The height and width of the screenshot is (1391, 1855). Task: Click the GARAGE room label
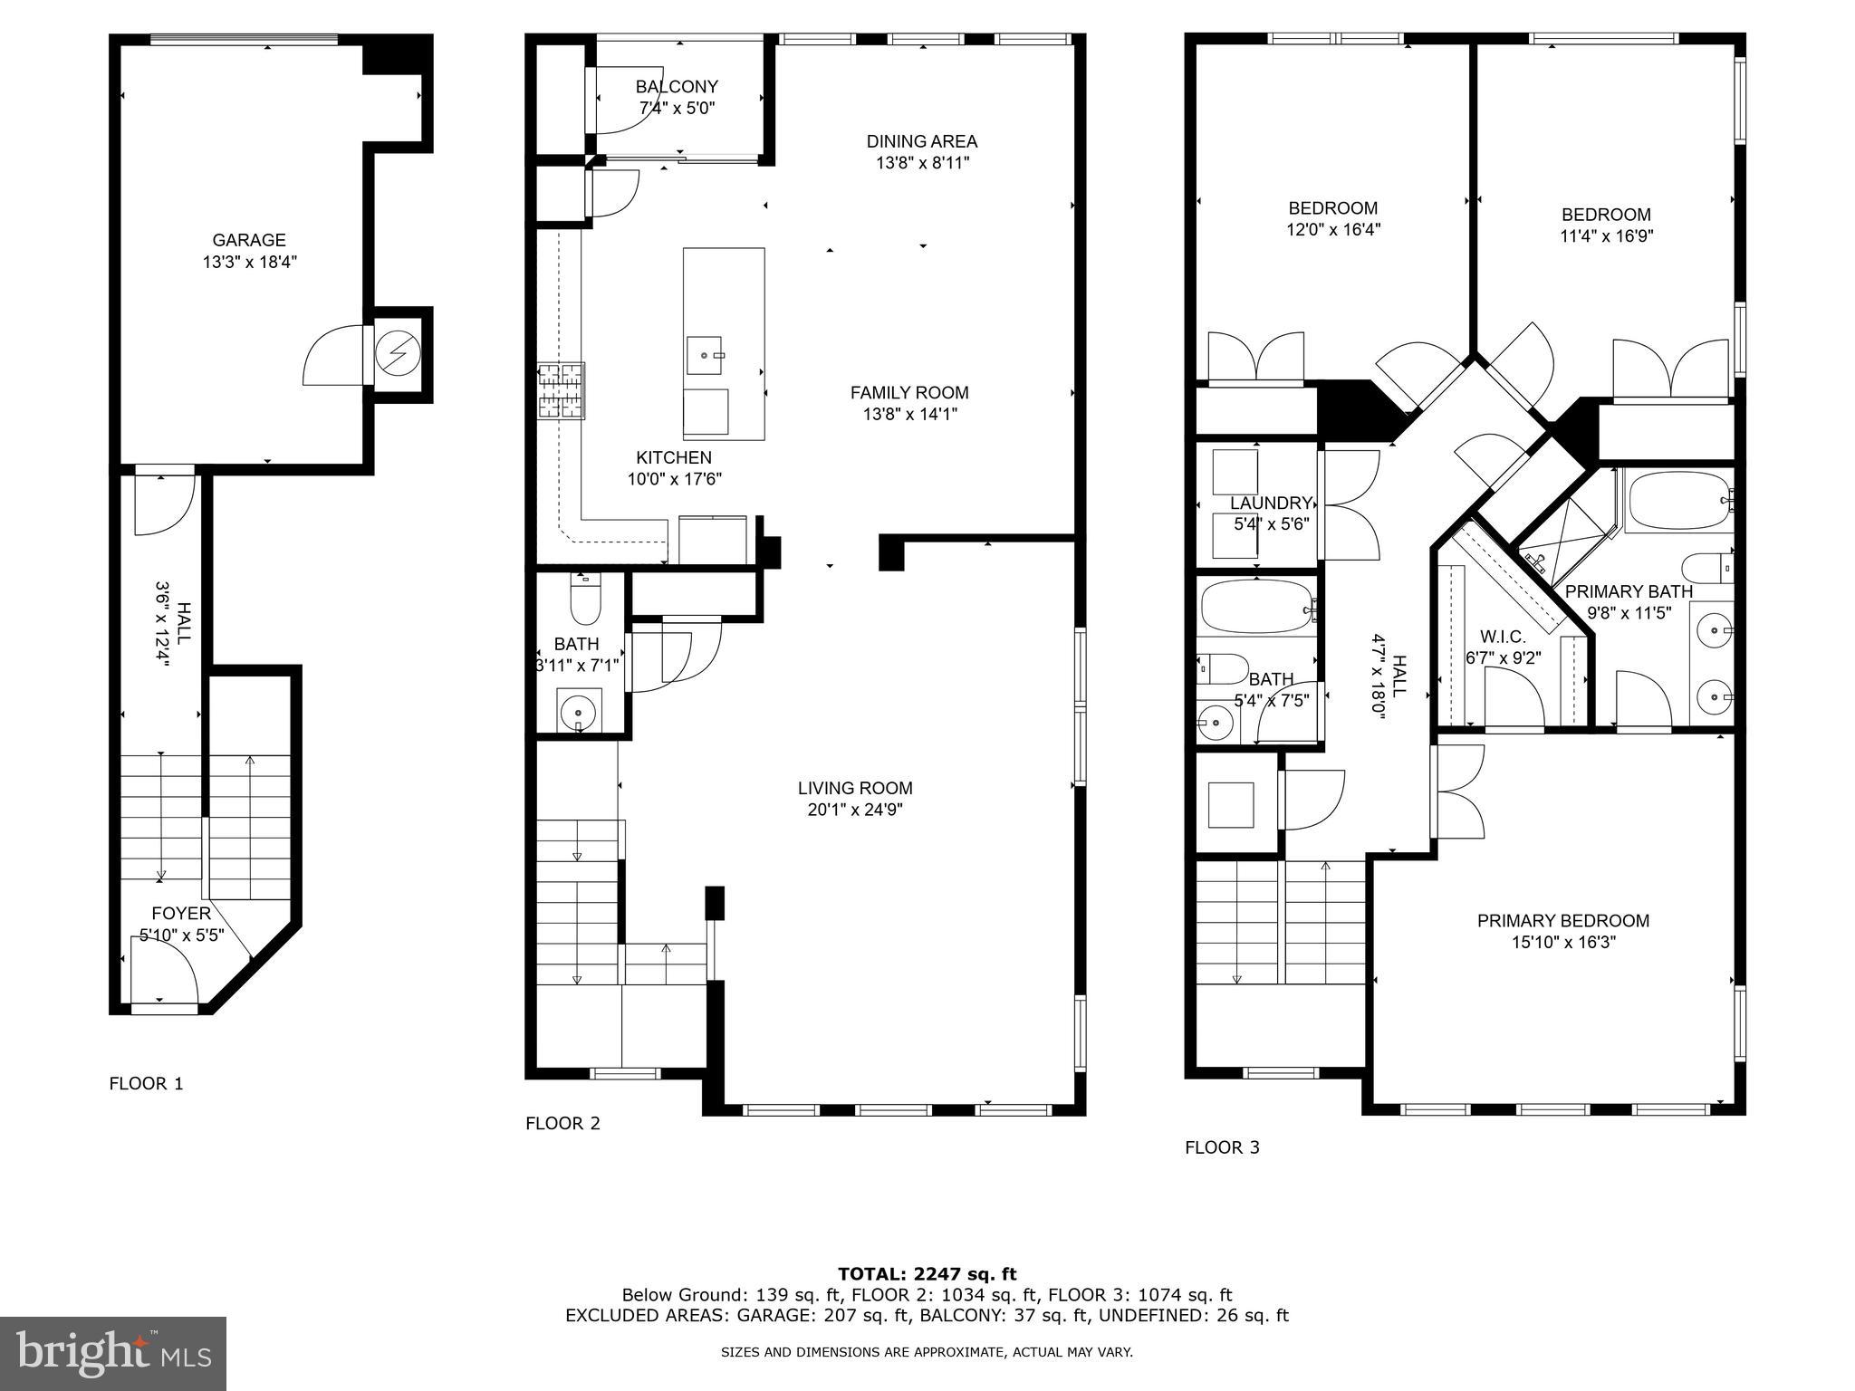[249, 240]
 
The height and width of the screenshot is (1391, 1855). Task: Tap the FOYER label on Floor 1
[181, 913]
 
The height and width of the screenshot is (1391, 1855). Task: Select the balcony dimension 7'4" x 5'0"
[677, 109]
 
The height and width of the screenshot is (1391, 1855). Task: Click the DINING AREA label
[921, 141]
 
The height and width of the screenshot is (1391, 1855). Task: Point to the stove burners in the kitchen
[561, 391]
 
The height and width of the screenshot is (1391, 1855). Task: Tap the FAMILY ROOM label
[908, 392]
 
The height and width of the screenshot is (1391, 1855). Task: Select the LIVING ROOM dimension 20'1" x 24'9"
[854, 811]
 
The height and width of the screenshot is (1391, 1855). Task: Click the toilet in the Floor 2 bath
[585, 601]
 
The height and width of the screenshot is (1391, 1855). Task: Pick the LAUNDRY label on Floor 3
[1271, 503]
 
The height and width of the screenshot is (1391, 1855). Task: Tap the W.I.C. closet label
[1503, 637]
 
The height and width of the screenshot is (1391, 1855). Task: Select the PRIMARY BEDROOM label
[1562, 920]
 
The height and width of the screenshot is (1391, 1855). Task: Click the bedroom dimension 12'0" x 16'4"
[1332, 230]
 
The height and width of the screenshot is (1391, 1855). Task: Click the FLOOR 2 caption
[562, 1123]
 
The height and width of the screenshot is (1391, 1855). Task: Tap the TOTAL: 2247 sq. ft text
[927, 1274]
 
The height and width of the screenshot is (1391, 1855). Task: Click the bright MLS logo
[113, 1353]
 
